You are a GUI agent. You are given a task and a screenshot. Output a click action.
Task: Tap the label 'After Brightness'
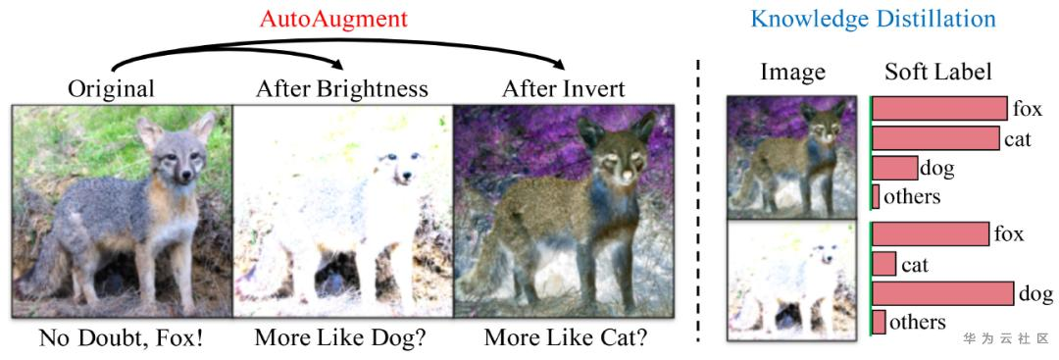[x=342, y=89]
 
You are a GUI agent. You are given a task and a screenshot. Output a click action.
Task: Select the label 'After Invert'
[x=563, y=89]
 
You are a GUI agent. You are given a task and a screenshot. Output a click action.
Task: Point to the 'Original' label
[x=111, y=89]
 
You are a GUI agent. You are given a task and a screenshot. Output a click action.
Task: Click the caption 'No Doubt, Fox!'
[x=122, y=339]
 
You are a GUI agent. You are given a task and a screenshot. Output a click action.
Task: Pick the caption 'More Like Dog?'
[x=341, y=339]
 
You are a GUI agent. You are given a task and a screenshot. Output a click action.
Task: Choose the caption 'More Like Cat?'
[x=566, y=339]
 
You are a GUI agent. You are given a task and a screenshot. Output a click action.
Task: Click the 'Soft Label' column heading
[x=938, y=72]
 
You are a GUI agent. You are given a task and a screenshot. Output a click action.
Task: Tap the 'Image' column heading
[x=792, y=72]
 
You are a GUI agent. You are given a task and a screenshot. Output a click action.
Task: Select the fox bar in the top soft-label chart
[x=939, y=109]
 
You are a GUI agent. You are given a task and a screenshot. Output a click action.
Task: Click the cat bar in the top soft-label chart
[x=934, y=138]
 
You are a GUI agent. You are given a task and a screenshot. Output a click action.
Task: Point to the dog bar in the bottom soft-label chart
[x=942, y=293]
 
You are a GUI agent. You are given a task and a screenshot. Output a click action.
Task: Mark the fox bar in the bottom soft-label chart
[x=931, y=234]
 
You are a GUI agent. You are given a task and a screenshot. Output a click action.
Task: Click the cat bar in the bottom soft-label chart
[x=883, y=264]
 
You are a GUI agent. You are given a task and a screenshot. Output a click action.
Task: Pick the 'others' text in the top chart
[x=912, y=196]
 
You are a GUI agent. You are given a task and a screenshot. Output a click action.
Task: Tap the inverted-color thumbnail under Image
[x=791, y=157]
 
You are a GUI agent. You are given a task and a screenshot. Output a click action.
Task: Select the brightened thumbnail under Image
[x=791, y=281]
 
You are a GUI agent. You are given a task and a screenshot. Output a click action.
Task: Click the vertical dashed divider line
[x=699, y=196]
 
